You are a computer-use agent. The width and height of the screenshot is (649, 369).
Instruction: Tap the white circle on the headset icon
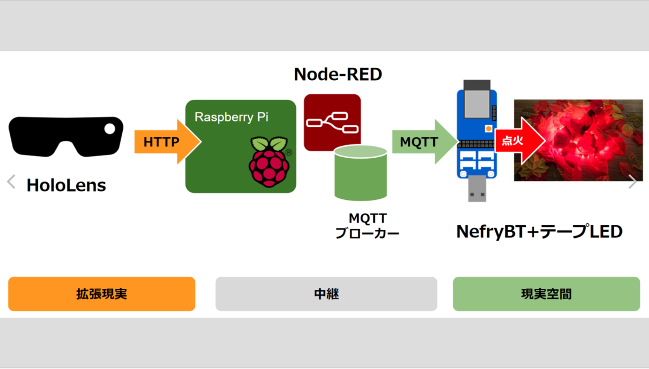click(x=110, y=128)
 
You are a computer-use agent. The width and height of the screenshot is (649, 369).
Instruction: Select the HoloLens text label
click(x=66, y=186)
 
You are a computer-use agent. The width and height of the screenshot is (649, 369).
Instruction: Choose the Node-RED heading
click(x=338, y=74)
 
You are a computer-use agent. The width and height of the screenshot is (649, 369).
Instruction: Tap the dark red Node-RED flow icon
click(x=332, y=122)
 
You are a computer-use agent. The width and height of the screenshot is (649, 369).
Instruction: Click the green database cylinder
click(x=361, y=172)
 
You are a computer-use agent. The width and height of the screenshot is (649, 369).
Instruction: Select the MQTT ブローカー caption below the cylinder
click(x=367, y=226)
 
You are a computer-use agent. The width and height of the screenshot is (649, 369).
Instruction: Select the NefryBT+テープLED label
click(x=539, y=231)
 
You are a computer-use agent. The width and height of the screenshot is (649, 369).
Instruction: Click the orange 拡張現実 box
click(x=102, y=294)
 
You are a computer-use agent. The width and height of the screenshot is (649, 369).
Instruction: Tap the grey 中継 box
click(x=326, y=294)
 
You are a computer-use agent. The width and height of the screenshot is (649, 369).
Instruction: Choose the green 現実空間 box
click(x=546, y=294)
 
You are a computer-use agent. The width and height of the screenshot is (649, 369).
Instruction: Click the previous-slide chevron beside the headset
click(x=11, y=182)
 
